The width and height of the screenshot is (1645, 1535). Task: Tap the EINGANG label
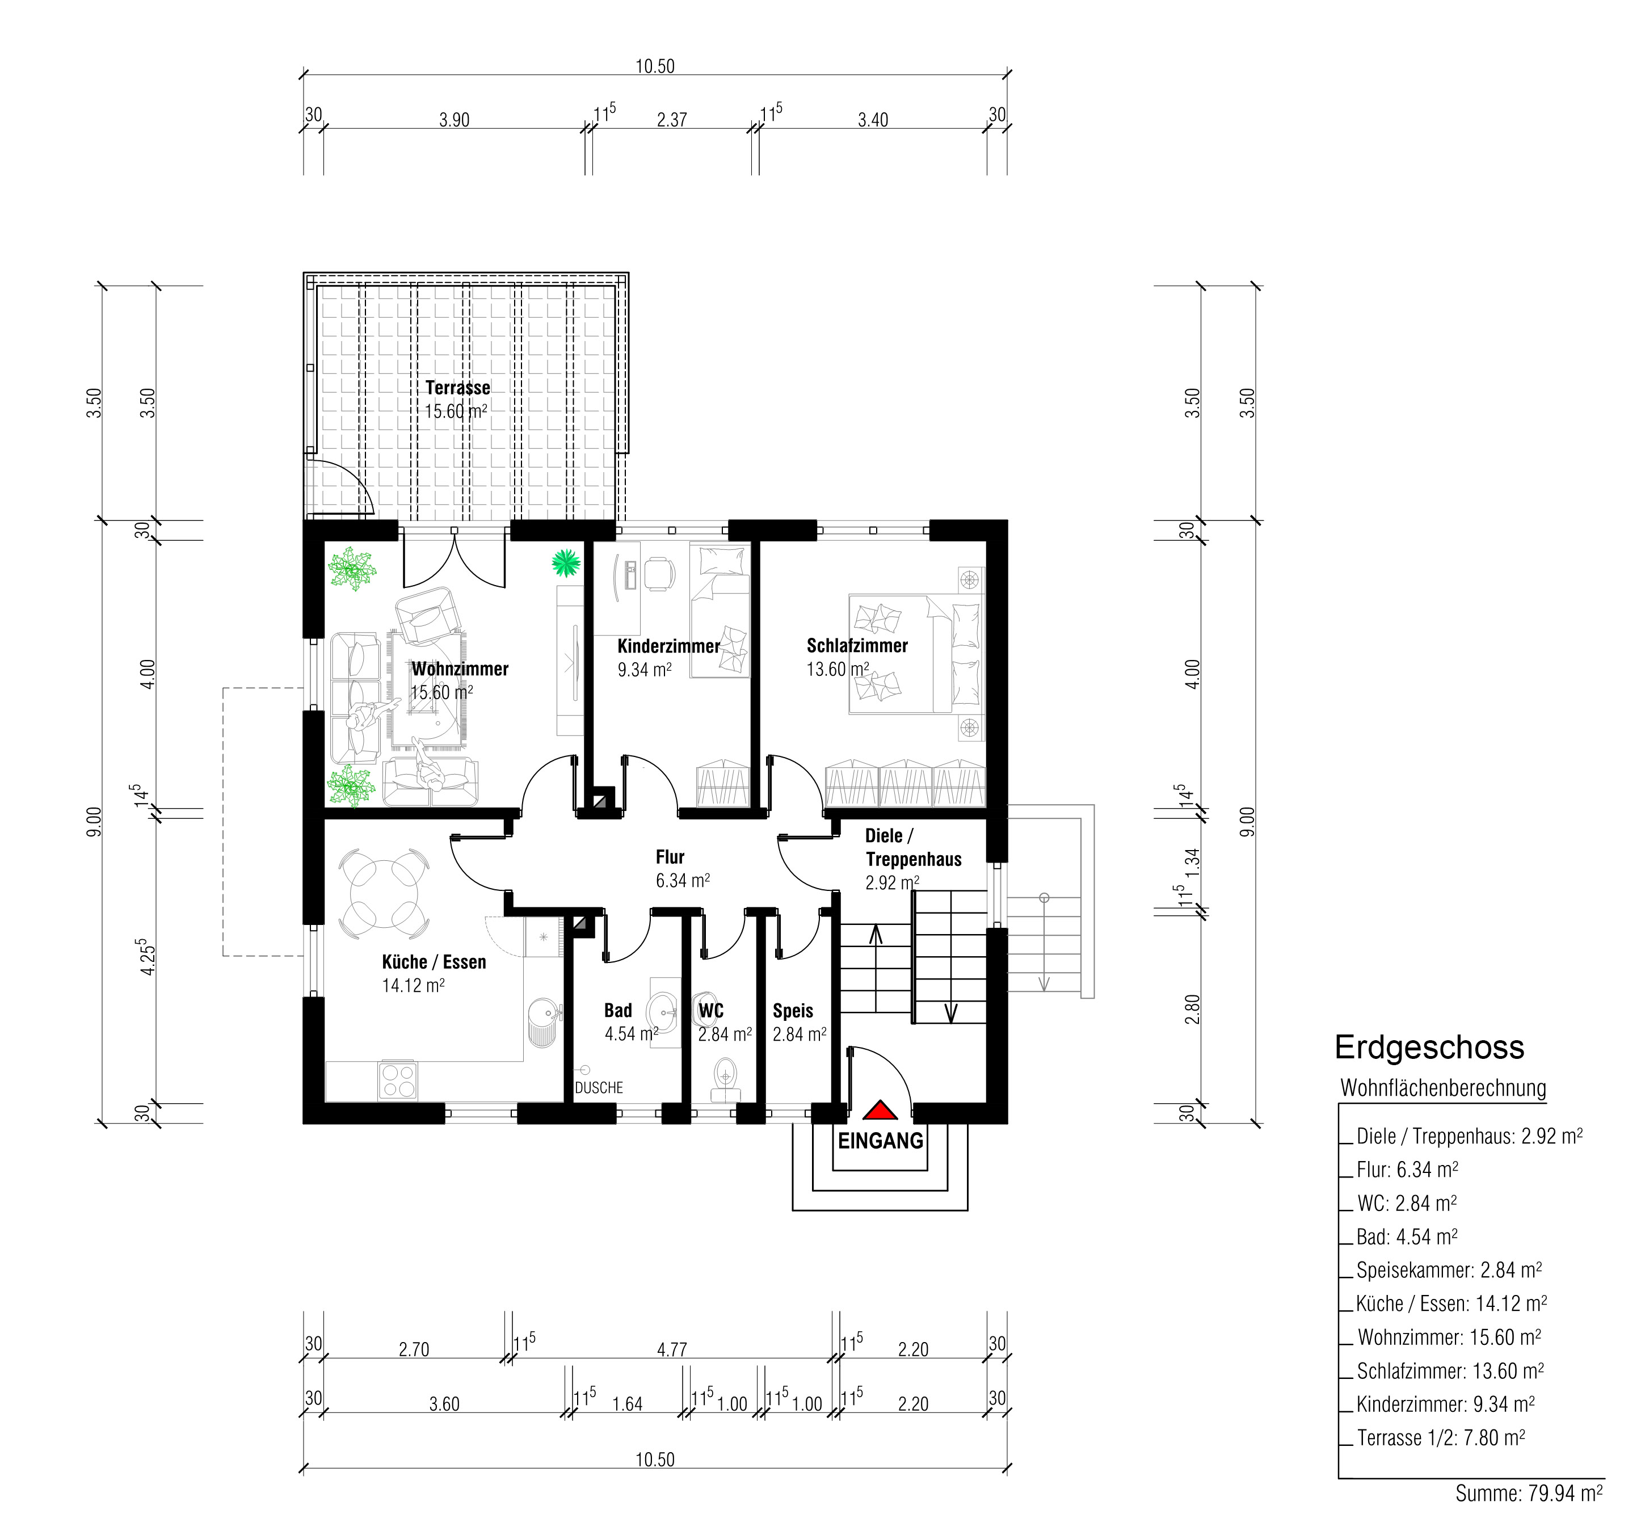(881, 1141)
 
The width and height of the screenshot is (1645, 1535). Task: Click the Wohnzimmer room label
(460, 668)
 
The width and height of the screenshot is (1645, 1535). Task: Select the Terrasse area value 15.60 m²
(456, 411)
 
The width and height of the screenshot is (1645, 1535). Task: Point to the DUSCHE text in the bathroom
(599, 1087)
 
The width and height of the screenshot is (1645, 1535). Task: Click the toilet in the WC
(726, 1079)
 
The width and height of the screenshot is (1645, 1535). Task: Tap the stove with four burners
(398, 1080)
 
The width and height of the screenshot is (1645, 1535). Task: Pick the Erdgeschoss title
(1429, 1048)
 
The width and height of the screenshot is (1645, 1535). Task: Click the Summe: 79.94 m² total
(1529, 1494)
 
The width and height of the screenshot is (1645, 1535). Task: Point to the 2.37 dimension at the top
(672, 120)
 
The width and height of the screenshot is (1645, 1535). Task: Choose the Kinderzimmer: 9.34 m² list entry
(1446, 1404)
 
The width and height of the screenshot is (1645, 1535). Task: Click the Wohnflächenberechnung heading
(1443, 1088)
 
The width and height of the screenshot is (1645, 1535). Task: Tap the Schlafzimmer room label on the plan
(857, 645)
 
